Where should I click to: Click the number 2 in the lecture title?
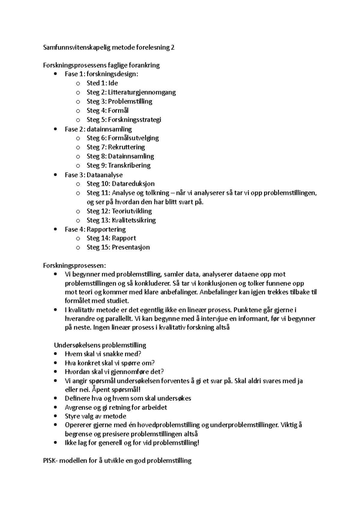172,47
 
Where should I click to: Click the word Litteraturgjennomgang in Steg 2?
142,92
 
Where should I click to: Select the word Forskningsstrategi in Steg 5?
134,120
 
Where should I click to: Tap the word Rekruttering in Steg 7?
126,147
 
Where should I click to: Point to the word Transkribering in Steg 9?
129,165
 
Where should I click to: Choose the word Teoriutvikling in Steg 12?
132,211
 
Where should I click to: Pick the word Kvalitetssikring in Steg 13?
134,220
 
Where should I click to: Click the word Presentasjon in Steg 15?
131,247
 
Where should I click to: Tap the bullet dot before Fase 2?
55,129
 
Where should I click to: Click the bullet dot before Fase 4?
55,229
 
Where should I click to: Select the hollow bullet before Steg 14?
78,238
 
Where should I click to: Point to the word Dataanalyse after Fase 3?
104,175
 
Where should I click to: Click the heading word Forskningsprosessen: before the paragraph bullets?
74,265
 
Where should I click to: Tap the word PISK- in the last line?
50,460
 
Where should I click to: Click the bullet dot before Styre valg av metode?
55,416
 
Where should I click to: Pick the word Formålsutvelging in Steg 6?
133,138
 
